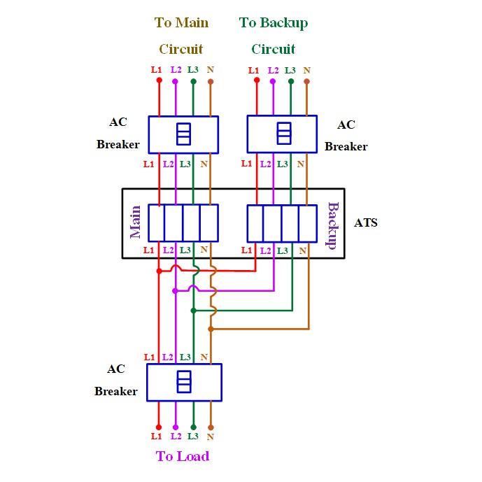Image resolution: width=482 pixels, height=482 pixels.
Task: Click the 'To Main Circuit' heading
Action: click(181, 36)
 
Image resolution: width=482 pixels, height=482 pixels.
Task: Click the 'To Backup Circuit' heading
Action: click(274, 36)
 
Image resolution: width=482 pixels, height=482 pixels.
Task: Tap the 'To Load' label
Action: click(183, 457)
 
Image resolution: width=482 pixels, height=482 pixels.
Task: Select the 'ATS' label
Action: click(366, 223)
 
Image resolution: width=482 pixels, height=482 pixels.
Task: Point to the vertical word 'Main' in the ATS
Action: click(136, 222)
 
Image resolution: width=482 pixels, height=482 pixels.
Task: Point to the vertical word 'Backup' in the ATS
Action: click(333, 226)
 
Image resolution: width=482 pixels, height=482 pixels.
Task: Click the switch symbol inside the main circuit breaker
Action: click(183, 134)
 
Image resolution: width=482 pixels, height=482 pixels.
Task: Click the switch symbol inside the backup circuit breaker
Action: click(283, 133)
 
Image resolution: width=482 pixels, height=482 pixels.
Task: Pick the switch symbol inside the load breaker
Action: click(184, 382)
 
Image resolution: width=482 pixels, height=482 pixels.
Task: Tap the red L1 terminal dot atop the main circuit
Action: click(159, 80)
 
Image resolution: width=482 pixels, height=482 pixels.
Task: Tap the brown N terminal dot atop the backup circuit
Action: click(306, 81)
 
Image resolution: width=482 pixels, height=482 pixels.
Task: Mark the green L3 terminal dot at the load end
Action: click(193, 427)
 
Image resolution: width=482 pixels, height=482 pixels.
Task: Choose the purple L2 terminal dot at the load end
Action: click(176, 427)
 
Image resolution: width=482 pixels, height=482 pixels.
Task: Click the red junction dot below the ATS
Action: click(159, 271)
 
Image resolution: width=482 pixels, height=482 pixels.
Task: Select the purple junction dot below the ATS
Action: click(176, 290)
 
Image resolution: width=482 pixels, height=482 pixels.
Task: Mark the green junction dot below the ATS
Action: click(193, 309)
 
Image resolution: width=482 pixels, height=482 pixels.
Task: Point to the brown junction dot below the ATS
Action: click(211, 328)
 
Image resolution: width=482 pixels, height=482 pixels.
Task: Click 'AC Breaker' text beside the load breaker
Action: click(116, 380)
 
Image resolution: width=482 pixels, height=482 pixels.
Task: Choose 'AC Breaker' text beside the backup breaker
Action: click(346, 136)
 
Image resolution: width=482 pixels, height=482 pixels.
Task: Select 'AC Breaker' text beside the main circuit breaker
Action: click(118, 134)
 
